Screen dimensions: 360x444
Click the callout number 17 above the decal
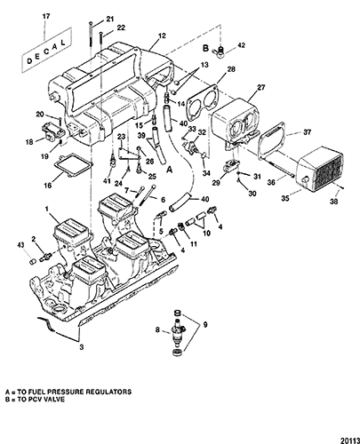coord(46,16)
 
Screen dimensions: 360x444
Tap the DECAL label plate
coord(46,50)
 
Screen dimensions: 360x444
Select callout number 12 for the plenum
coord(162,36)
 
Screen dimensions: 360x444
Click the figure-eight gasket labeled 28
coord(203,98)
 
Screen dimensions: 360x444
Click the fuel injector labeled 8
coord(178,332)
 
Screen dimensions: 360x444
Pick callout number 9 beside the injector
coord(205,325)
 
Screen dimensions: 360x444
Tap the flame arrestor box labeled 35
coord(320,168)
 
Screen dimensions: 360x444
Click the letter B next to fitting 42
coord(205,48)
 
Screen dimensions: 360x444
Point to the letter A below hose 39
coord(170,170)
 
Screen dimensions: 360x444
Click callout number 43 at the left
coord(20,245)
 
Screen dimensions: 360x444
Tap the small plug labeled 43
coord(33,261)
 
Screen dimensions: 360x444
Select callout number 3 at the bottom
coord(81,346)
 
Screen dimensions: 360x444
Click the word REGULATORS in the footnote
coord(108,392)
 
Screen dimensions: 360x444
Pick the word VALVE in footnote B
coord(54,399)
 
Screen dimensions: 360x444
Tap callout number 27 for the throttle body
coord(261,87)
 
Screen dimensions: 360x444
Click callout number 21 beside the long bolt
coord(110,19)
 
